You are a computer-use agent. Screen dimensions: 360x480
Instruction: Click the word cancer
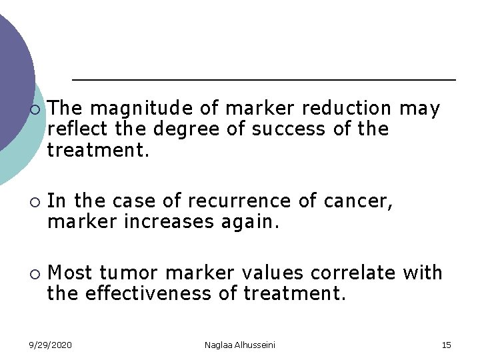363,201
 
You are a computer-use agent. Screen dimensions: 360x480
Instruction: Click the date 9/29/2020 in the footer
51,345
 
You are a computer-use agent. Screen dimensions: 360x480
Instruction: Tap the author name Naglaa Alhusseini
239,345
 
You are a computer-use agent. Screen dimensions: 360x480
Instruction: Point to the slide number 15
446,345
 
